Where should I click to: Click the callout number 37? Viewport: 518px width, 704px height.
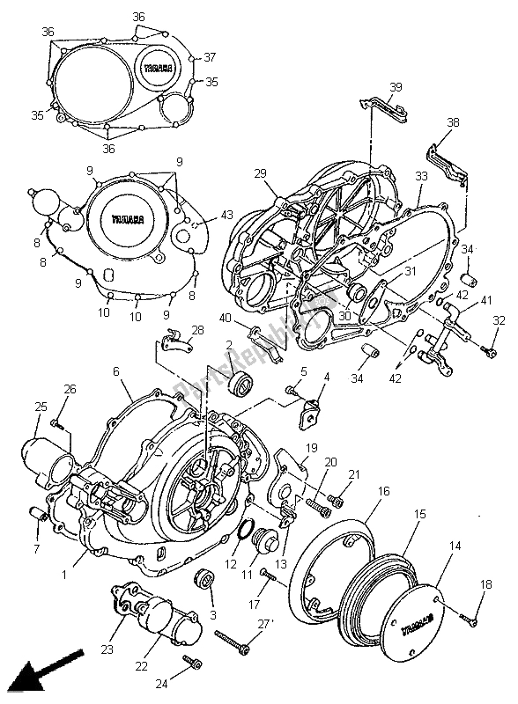click(210, 58)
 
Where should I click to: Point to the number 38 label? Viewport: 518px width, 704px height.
click(453, 123)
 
